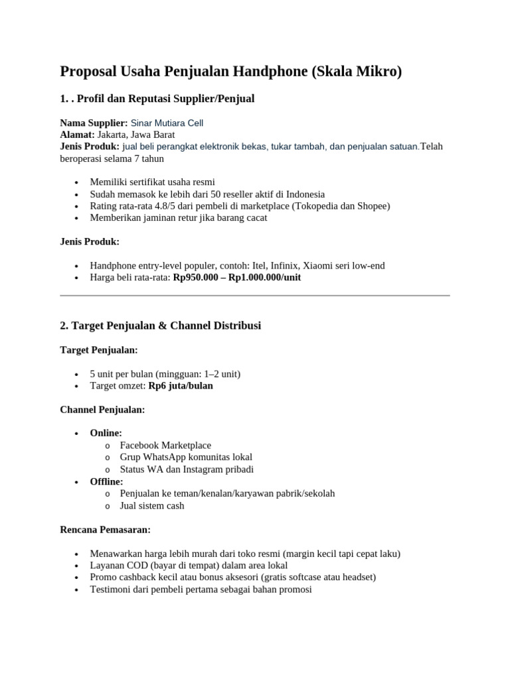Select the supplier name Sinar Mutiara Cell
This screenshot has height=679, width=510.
click(x=167, y=123)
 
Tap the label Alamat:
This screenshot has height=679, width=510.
click(x=77, y=135)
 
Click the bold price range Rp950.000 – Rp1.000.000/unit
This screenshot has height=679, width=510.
click(x=236, y=278)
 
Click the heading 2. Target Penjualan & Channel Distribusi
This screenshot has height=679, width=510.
click(x=160, y=326)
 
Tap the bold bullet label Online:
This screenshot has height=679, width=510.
click(x=106, y=433)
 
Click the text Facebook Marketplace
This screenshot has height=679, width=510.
click(x=165, y=445)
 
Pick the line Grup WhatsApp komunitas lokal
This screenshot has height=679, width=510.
click(x=186, y=457)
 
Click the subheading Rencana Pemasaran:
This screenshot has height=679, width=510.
click(x=106, y=530)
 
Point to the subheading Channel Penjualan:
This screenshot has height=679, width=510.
click(x=102, y=410)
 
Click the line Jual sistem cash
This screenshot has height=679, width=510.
click(x=152, y=505)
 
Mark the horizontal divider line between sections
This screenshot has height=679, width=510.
click(x=255, y=295)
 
